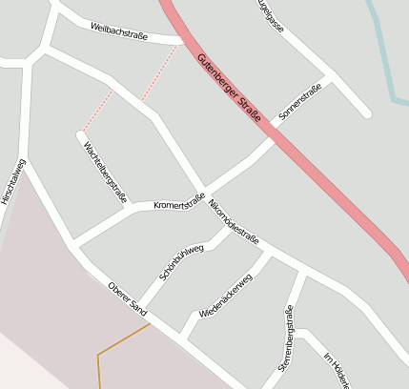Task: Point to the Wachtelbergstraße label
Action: tap(105, 172)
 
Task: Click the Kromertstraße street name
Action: tap(180, 202)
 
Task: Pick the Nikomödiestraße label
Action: tap(234, 224)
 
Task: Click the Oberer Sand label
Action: tap(128, 297)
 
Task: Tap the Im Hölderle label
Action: tap(337, 371)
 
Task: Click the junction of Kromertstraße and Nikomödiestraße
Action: tap(203, 190)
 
